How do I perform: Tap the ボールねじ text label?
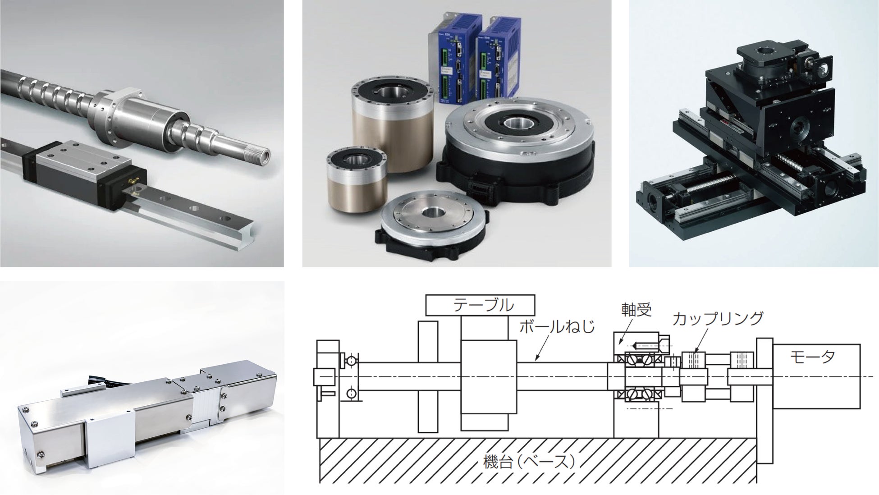pyautogui.click(x=557, y=326)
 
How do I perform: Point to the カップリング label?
pyautogui.click(x=718, y=318)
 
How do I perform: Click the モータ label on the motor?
pyautogui.click(x=812, y=357)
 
